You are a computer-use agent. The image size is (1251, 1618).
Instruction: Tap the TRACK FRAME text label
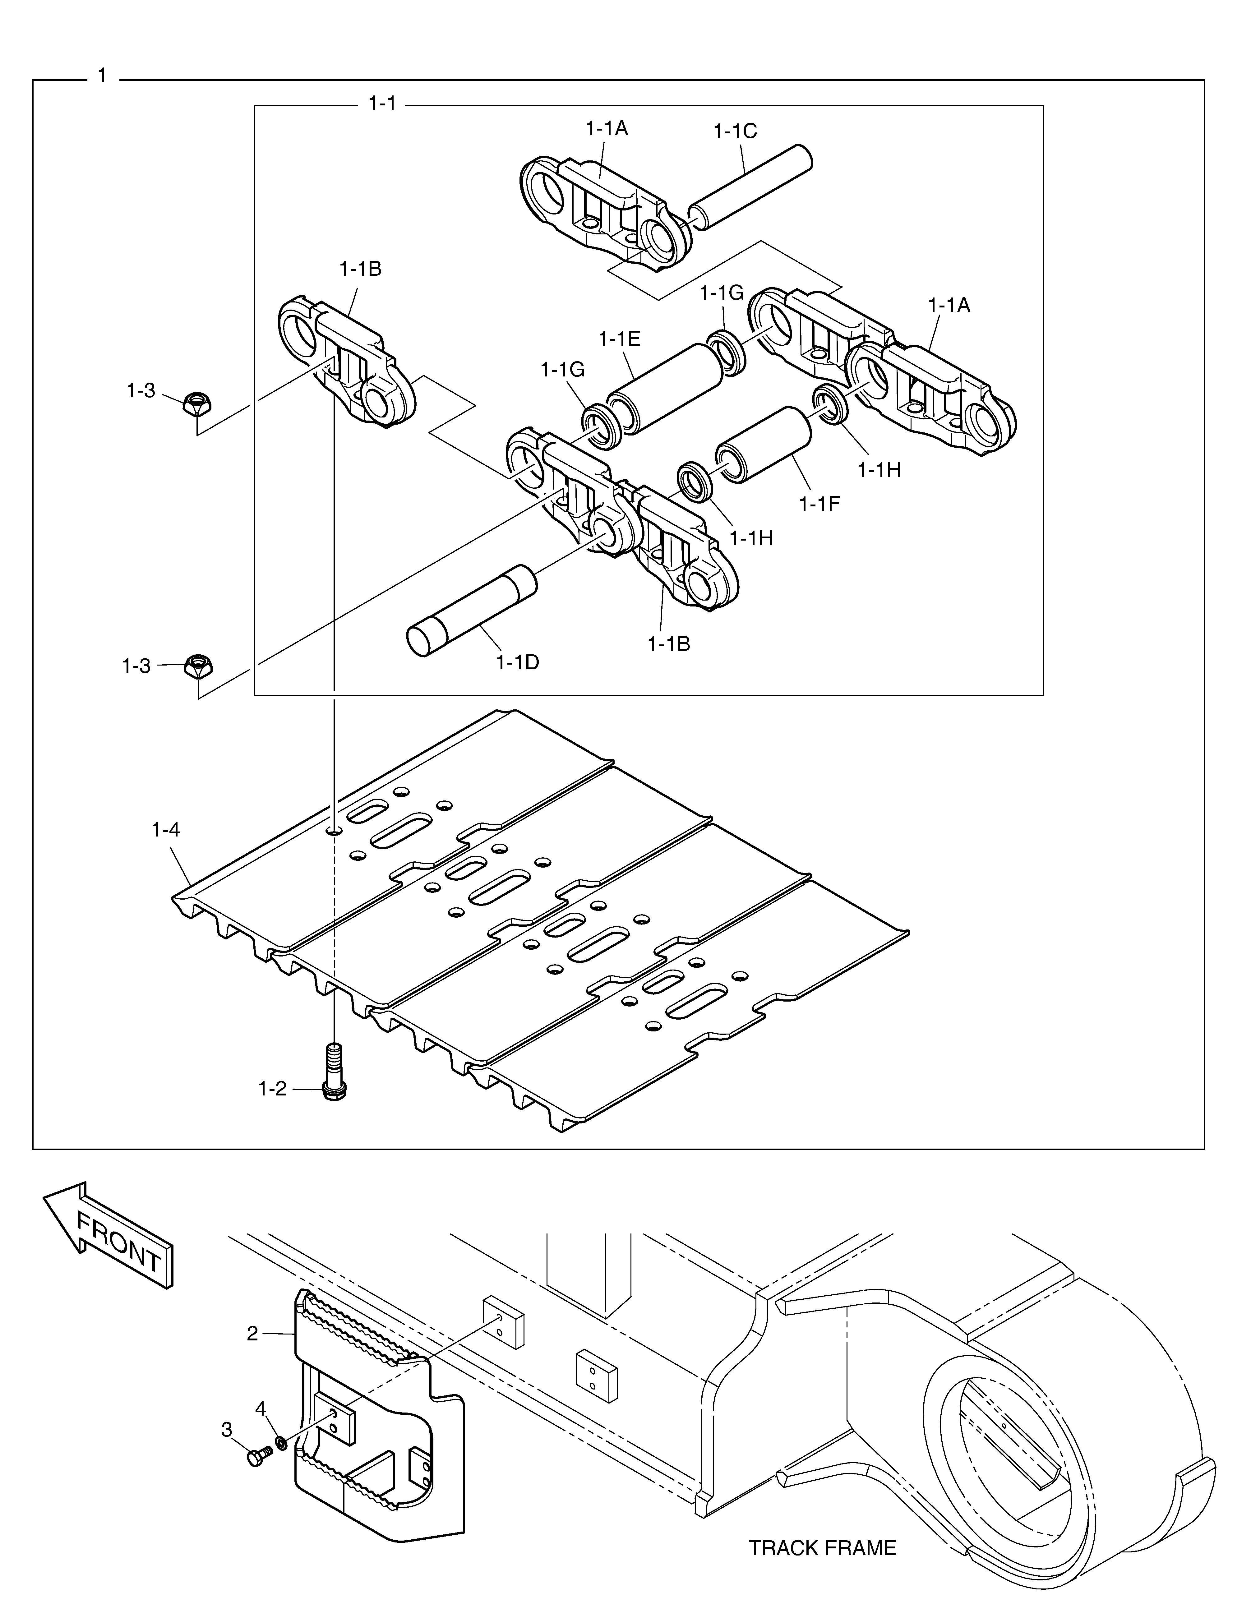822,1548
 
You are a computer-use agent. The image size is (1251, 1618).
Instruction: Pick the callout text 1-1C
735,131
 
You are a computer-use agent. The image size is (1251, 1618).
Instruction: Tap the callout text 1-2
272,1088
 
